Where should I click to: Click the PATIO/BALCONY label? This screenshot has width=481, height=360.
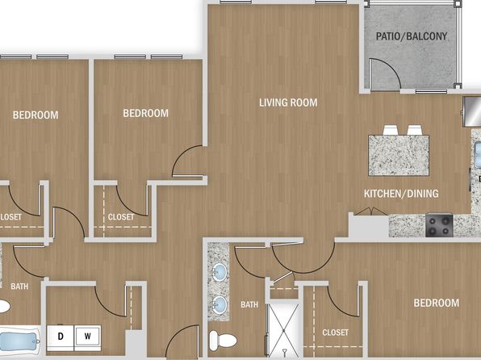pos(412,36)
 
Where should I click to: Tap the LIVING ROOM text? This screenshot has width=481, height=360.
pos(288,103)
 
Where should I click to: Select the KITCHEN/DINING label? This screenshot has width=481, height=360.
pos(401,194)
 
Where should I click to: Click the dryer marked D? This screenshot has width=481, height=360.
pos(61,337)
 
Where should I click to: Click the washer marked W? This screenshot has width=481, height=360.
pos(88,337)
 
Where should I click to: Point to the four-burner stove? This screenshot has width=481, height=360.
pos(439,225)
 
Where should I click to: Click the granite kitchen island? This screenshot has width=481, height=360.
pos(399,155)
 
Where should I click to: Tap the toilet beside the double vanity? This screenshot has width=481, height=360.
pos(223,340)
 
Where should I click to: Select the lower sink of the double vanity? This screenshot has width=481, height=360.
pos(220,305)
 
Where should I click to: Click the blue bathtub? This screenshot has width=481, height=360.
pos(19,341)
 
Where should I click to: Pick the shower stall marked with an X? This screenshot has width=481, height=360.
pos(282,330)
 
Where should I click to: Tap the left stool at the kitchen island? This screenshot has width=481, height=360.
pos(391,130)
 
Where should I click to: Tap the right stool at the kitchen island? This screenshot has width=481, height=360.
pos(415,130)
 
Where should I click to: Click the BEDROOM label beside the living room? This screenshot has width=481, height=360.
pos(146,113)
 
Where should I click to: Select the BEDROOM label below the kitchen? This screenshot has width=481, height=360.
pos(437,303)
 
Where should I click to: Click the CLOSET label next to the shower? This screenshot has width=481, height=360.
pos(335,333)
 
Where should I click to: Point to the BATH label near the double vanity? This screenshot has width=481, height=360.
pos(249,304)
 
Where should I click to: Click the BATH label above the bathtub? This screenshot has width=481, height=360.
pos(19,287)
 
